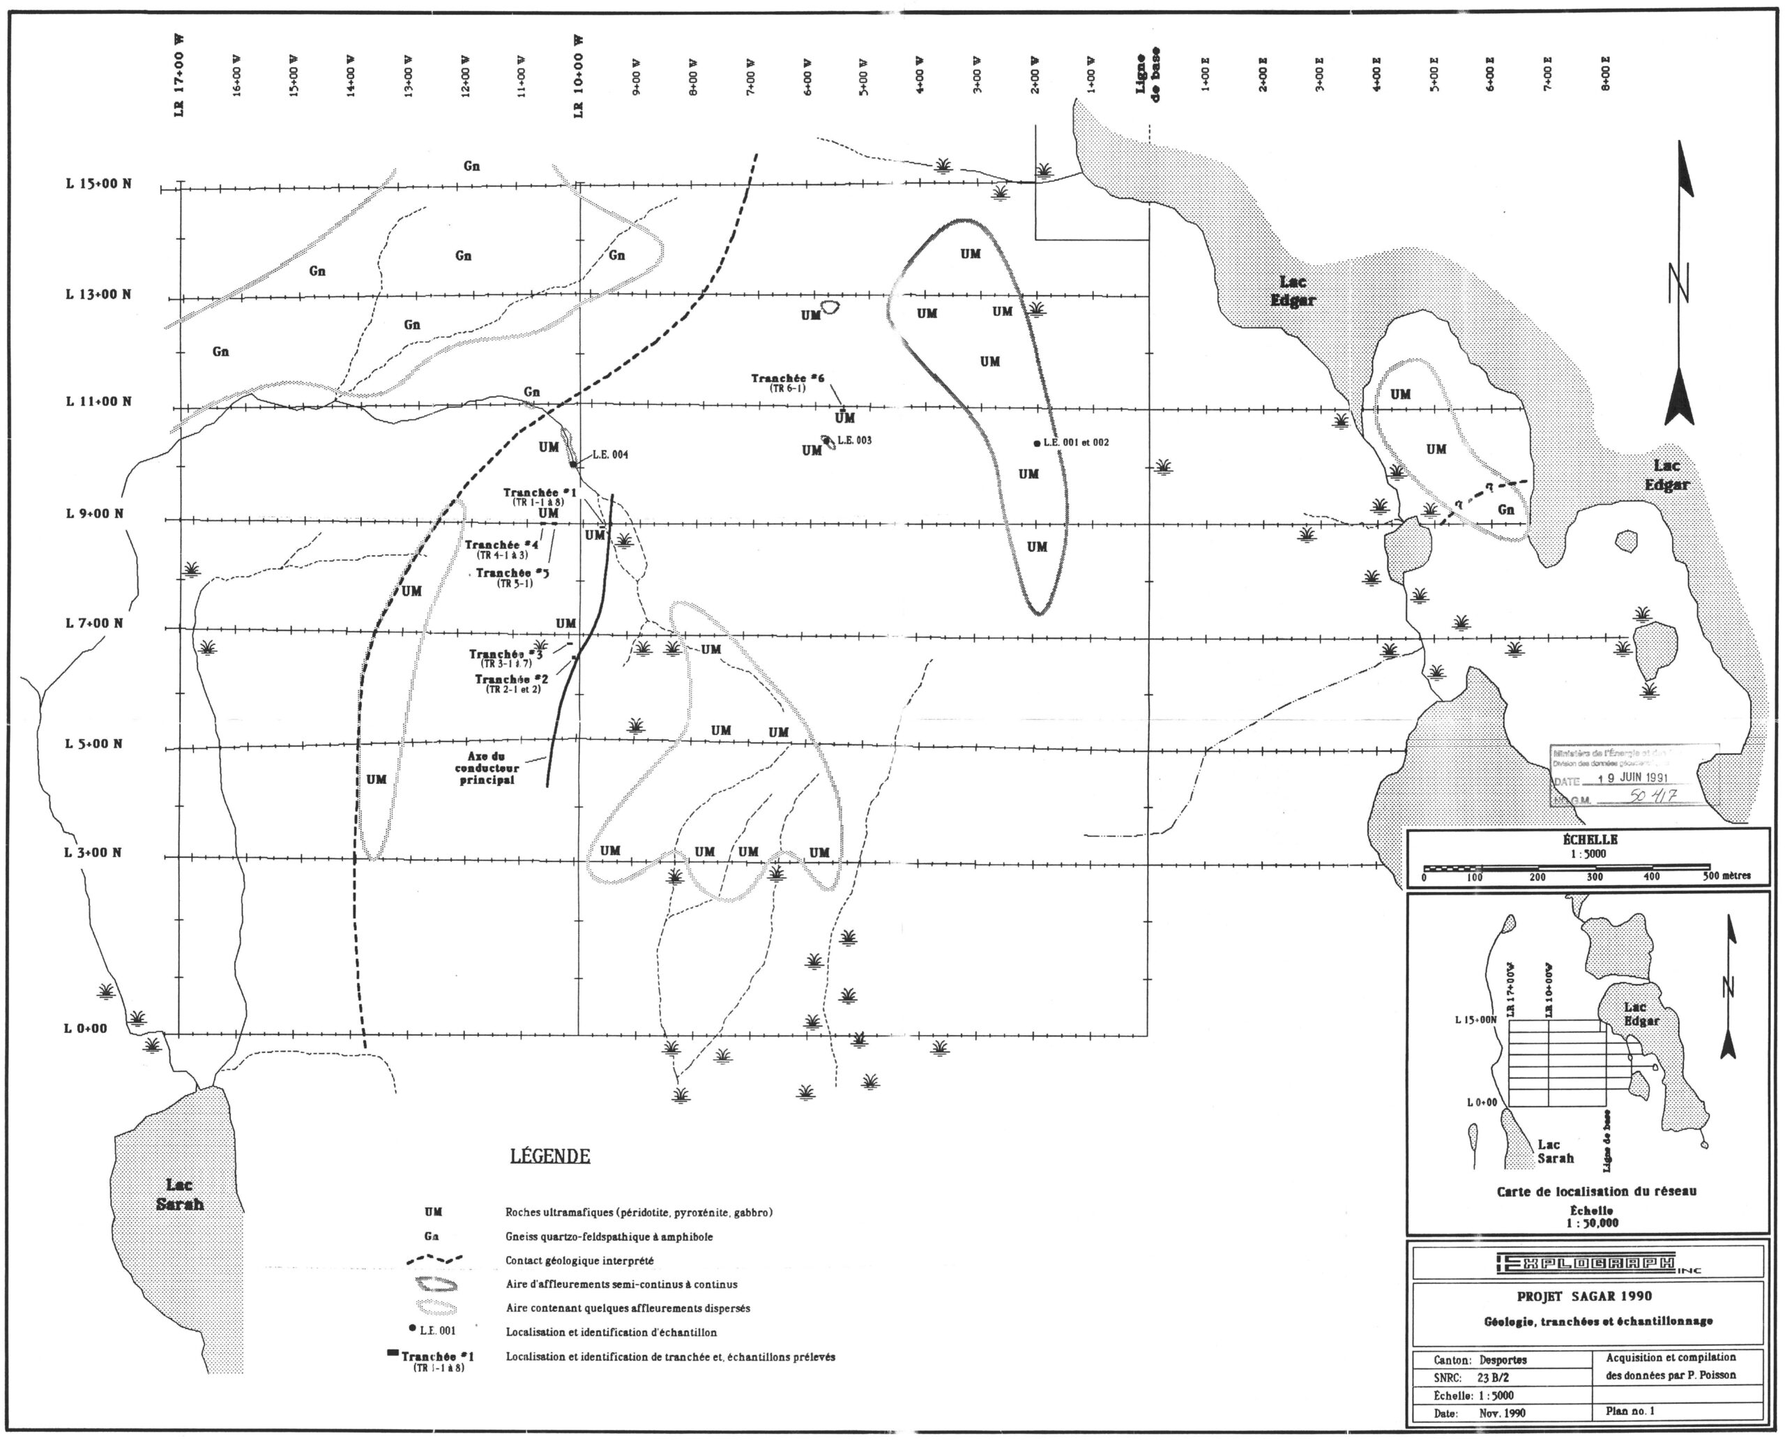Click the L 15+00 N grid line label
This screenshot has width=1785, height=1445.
[x=98, y=184]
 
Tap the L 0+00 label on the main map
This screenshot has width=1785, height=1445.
[x=86, y=1028]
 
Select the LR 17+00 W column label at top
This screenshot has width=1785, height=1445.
[x=180, y=77]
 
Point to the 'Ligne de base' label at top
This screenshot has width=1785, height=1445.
[x=1147, y=76]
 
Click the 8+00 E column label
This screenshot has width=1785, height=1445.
[x=1606, y=74]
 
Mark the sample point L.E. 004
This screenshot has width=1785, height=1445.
[x=573, y=464]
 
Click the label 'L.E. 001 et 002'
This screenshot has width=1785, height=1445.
[x=1076, y=443]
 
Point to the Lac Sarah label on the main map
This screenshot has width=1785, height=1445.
[x=180, y=1195]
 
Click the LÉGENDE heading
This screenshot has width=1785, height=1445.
[x=549, y=1156]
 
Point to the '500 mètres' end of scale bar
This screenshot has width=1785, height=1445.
[x=1726, y=876]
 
